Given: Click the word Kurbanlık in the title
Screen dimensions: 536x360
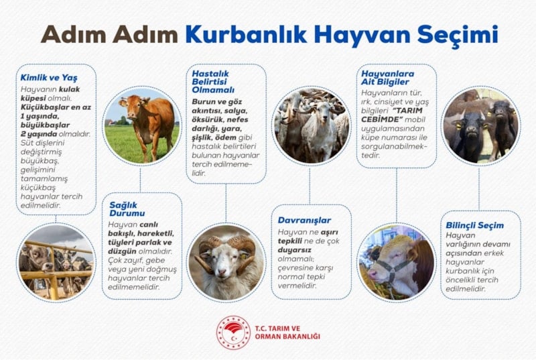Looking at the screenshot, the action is coord(245,35).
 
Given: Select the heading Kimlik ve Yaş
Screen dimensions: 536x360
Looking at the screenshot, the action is coord(49,78).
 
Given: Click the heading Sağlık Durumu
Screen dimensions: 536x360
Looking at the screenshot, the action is coord(127,209).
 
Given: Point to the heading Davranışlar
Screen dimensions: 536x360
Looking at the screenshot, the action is coord(304,220).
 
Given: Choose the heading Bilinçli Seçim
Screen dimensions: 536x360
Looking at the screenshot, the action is coord(474,225).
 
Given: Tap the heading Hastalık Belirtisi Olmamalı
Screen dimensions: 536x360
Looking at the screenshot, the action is coord(213,82).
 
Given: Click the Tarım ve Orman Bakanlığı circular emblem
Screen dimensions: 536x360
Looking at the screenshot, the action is coord(233,333).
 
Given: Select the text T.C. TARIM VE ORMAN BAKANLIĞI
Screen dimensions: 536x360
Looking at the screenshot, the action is coord(287,333).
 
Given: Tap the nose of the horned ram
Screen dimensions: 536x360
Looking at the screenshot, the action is coord(222,272).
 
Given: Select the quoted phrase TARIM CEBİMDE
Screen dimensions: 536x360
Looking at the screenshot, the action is coord(392,115).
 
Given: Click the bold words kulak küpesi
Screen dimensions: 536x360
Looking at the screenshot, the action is coord(50,94).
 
